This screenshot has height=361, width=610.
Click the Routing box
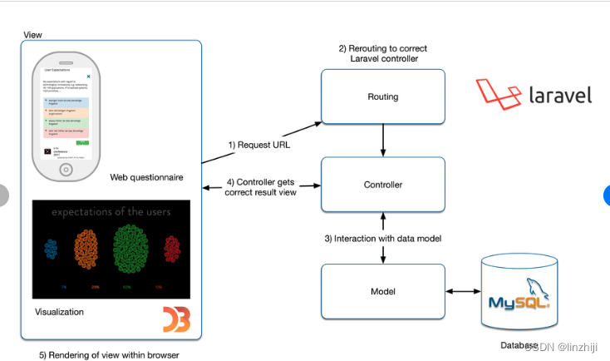tap(382, 96)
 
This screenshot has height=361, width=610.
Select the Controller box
tap(382, 184)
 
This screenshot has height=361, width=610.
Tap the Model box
tap(382, 291)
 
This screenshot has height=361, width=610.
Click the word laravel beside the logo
tap(560, 95)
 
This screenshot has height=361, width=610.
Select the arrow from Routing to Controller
tap(382, 141)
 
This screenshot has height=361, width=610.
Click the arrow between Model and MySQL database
tap(462, 291)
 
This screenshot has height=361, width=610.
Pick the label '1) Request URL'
tap(260, 144)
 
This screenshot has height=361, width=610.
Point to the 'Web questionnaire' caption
tap(146, 178)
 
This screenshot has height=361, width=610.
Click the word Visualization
tap(59, 312)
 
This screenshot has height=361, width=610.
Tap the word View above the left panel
tap(33, 35)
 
